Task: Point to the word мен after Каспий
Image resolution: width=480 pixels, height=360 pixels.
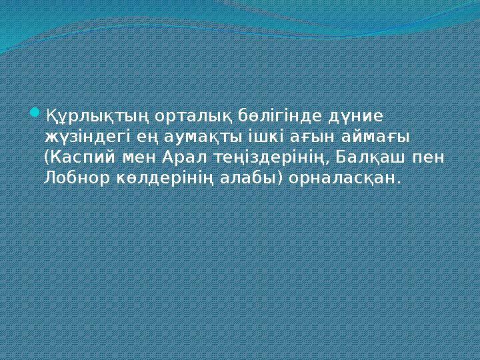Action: tap(141, 158)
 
